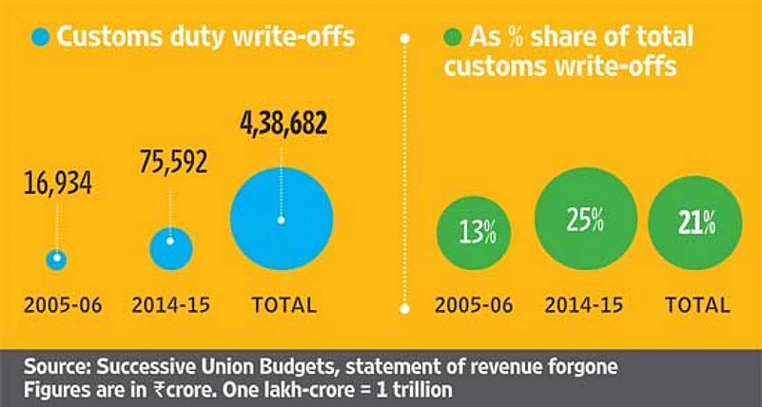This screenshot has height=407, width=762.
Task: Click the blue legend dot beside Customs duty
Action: point(40,38)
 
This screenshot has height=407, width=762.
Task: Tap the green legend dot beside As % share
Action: point(454,39)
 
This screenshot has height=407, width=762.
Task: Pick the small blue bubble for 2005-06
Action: point(57,258)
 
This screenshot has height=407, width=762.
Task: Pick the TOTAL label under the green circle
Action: point(697,306)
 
